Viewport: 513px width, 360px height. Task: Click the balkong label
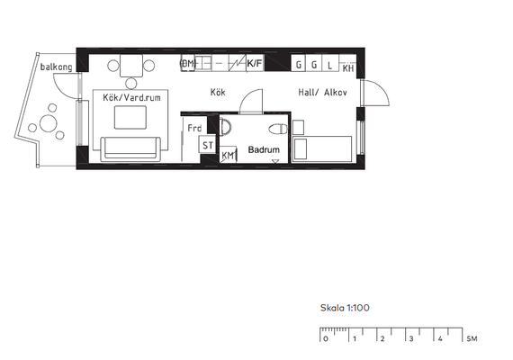56,67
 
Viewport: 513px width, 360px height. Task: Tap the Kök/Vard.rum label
131,97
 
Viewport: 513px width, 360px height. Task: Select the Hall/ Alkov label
322,93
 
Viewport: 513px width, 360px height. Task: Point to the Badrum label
264,149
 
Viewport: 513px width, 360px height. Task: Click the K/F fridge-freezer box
255,63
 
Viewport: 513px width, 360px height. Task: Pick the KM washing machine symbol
228,155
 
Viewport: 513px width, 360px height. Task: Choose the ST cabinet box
207,145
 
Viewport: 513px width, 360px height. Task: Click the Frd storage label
194,128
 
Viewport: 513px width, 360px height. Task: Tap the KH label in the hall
348,68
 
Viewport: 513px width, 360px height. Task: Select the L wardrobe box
329,63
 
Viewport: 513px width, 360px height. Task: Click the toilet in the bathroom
278,129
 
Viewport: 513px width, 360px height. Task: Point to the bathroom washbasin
225,126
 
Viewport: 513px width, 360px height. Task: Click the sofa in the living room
130,148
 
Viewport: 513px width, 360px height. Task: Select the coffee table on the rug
130,117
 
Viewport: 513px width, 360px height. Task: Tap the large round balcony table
48,123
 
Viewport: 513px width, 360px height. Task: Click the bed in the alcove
322,148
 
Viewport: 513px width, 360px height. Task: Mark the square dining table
131,66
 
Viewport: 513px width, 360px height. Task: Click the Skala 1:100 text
345,308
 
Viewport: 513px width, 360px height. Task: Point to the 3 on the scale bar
411,338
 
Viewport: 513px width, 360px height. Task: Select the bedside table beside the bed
298,127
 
